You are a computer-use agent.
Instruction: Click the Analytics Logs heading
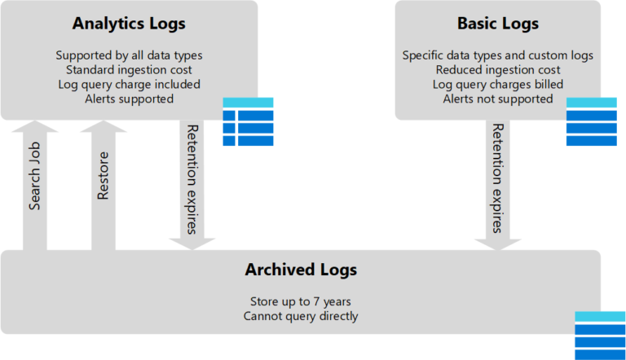point(129,24)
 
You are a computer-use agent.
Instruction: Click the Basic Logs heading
point(497,24)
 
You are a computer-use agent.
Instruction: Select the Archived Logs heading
point(301,270)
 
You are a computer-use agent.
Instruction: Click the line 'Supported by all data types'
point(129,55)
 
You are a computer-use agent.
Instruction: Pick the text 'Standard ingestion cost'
point(129,70)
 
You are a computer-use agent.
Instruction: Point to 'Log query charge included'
point(129,85)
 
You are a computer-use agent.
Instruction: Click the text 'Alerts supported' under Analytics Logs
point(129,99)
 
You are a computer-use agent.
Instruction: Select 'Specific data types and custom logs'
point(497,55)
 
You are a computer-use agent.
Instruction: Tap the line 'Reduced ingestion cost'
point(497,70)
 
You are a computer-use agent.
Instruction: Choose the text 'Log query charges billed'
point(497,85)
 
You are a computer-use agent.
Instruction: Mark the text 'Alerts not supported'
point(497,99)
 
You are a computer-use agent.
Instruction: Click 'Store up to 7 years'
point(301,301)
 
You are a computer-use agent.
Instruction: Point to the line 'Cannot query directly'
point(301,315)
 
